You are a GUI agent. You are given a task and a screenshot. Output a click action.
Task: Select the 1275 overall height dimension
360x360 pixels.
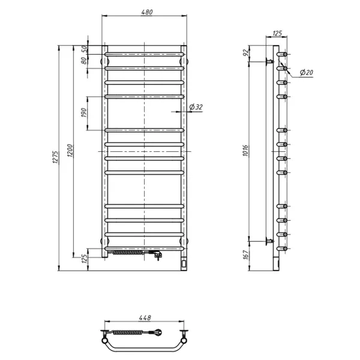(x=56, y=157)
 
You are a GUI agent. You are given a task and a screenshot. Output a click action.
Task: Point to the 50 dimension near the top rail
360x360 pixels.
(x=84, y=49)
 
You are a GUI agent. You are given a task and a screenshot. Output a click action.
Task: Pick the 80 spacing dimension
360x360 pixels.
(x=84, y=61)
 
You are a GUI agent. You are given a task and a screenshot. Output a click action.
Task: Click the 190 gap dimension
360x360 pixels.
(x=85, y=113)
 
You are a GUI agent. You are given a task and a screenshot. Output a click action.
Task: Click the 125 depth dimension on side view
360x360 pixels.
(x=277, y=34)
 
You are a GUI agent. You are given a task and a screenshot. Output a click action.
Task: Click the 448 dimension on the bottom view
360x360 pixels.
(x=145, y=318)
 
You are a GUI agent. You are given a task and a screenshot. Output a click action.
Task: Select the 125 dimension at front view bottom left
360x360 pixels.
(x=84, y=259)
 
